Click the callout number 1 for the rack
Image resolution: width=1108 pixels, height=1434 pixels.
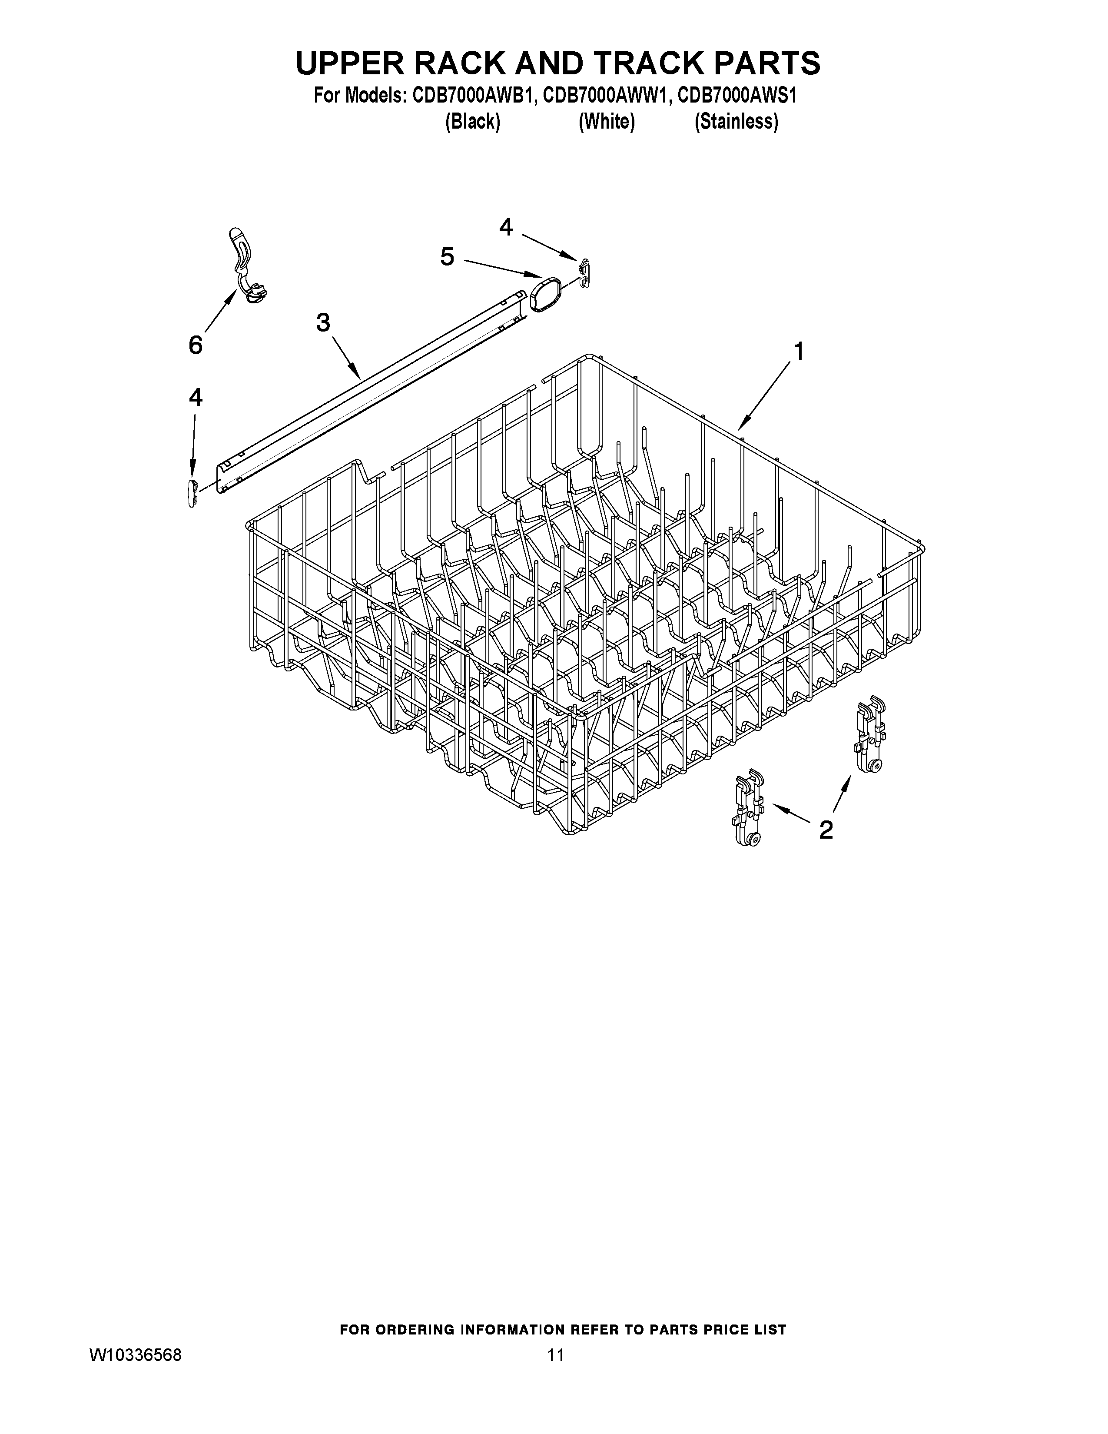(x=798, y=352)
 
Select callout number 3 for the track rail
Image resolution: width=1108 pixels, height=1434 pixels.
(x=323, y=322)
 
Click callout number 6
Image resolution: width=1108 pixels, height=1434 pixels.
(x=196, y=345)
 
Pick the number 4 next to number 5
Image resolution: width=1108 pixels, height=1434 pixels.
(x=505, y=227)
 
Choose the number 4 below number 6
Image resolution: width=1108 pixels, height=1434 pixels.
(x=196, y=397)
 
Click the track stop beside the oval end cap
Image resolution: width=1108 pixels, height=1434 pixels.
(x=584, y=272)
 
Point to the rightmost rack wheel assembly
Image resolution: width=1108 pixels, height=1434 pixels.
(x=869, y=734)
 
